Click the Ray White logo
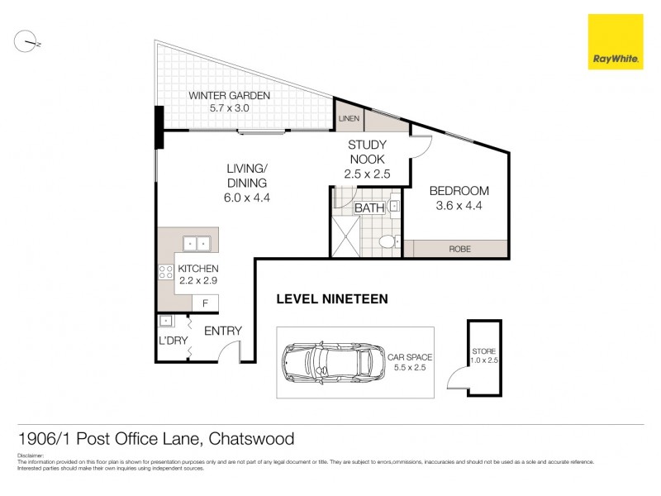coord(615,41)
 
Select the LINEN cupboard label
coord(349,120)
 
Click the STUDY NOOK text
coord(366,151)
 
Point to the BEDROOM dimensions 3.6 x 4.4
coord(459,206)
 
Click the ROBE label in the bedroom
coord(459,249)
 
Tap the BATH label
coord(369,208)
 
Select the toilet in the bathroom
coord(388,242)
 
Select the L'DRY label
coord(172,341)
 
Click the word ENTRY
coord(222,331)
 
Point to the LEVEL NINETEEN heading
coord(331,299)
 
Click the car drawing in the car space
coord(328,363)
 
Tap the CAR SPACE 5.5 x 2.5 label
coord(409,363)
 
